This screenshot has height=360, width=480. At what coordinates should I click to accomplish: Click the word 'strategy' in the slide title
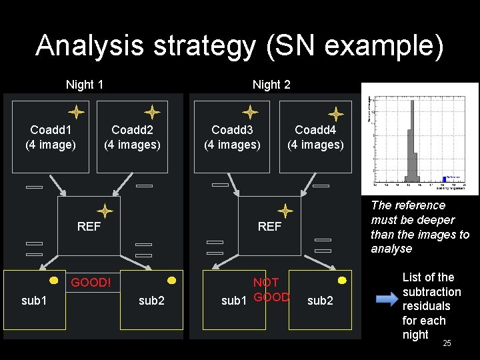click(217, 46)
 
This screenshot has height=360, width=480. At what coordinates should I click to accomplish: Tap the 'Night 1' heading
click(84, 85)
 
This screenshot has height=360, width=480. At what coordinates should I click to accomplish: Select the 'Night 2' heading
click(271, 85)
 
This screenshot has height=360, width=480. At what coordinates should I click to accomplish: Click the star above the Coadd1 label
click(76, 112)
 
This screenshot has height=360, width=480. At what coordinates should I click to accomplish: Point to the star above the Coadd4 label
click(336, 114)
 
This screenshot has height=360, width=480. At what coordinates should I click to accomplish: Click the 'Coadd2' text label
click(132, 130)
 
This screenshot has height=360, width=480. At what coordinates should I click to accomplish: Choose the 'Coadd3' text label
click(232, 130)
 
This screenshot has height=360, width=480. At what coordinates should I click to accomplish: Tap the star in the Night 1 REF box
click(105, 211)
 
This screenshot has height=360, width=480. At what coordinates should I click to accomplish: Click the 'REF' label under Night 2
click(269, 227)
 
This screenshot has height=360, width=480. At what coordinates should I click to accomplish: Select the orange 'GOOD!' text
click(91, 283)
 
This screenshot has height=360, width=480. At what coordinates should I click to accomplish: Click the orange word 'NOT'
click(266, 283)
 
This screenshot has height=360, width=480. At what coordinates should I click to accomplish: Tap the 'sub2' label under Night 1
click(151, 301)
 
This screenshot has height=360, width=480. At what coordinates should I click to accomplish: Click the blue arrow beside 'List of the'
click(385, 299)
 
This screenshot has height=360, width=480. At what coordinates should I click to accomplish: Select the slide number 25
click(447, 343)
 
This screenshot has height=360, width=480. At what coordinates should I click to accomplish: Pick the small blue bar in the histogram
click(443, 179)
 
